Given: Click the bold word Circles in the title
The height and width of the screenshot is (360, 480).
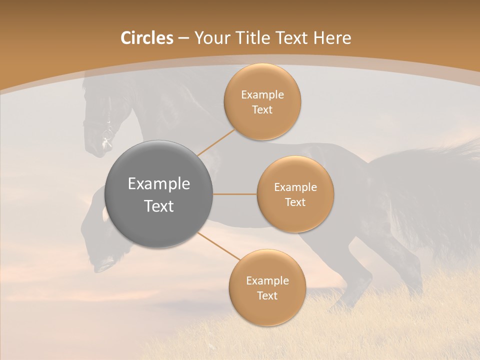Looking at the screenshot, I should click(146, 38).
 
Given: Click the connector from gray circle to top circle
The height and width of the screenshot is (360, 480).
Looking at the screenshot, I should click(216, 141).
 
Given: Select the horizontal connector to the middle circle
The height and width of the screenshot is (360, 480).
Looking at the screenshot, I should click(234, 194).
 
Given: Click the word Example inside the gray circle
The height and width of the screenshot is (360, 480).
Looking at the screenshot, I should click(158, 184).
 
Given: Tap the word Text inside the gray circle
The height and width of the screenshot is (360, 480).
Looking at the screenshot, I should click(158, 206).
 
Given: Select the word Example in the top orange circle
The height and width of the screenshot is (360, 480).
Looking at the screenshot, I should click(262, 95).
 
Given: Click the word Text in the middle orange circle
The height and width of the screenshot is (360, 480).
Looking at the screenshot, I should click(295, 202).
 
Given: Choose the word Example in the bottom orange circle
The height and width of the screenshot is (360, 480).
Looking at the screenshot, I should click(267, 281).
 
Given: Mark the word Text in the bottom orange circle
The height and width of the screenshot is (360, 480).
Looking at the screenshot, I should click(267, 295).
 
